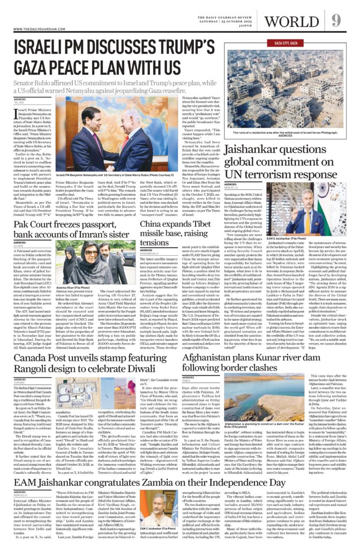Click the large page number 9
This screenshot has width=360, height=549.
[336, 20]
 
